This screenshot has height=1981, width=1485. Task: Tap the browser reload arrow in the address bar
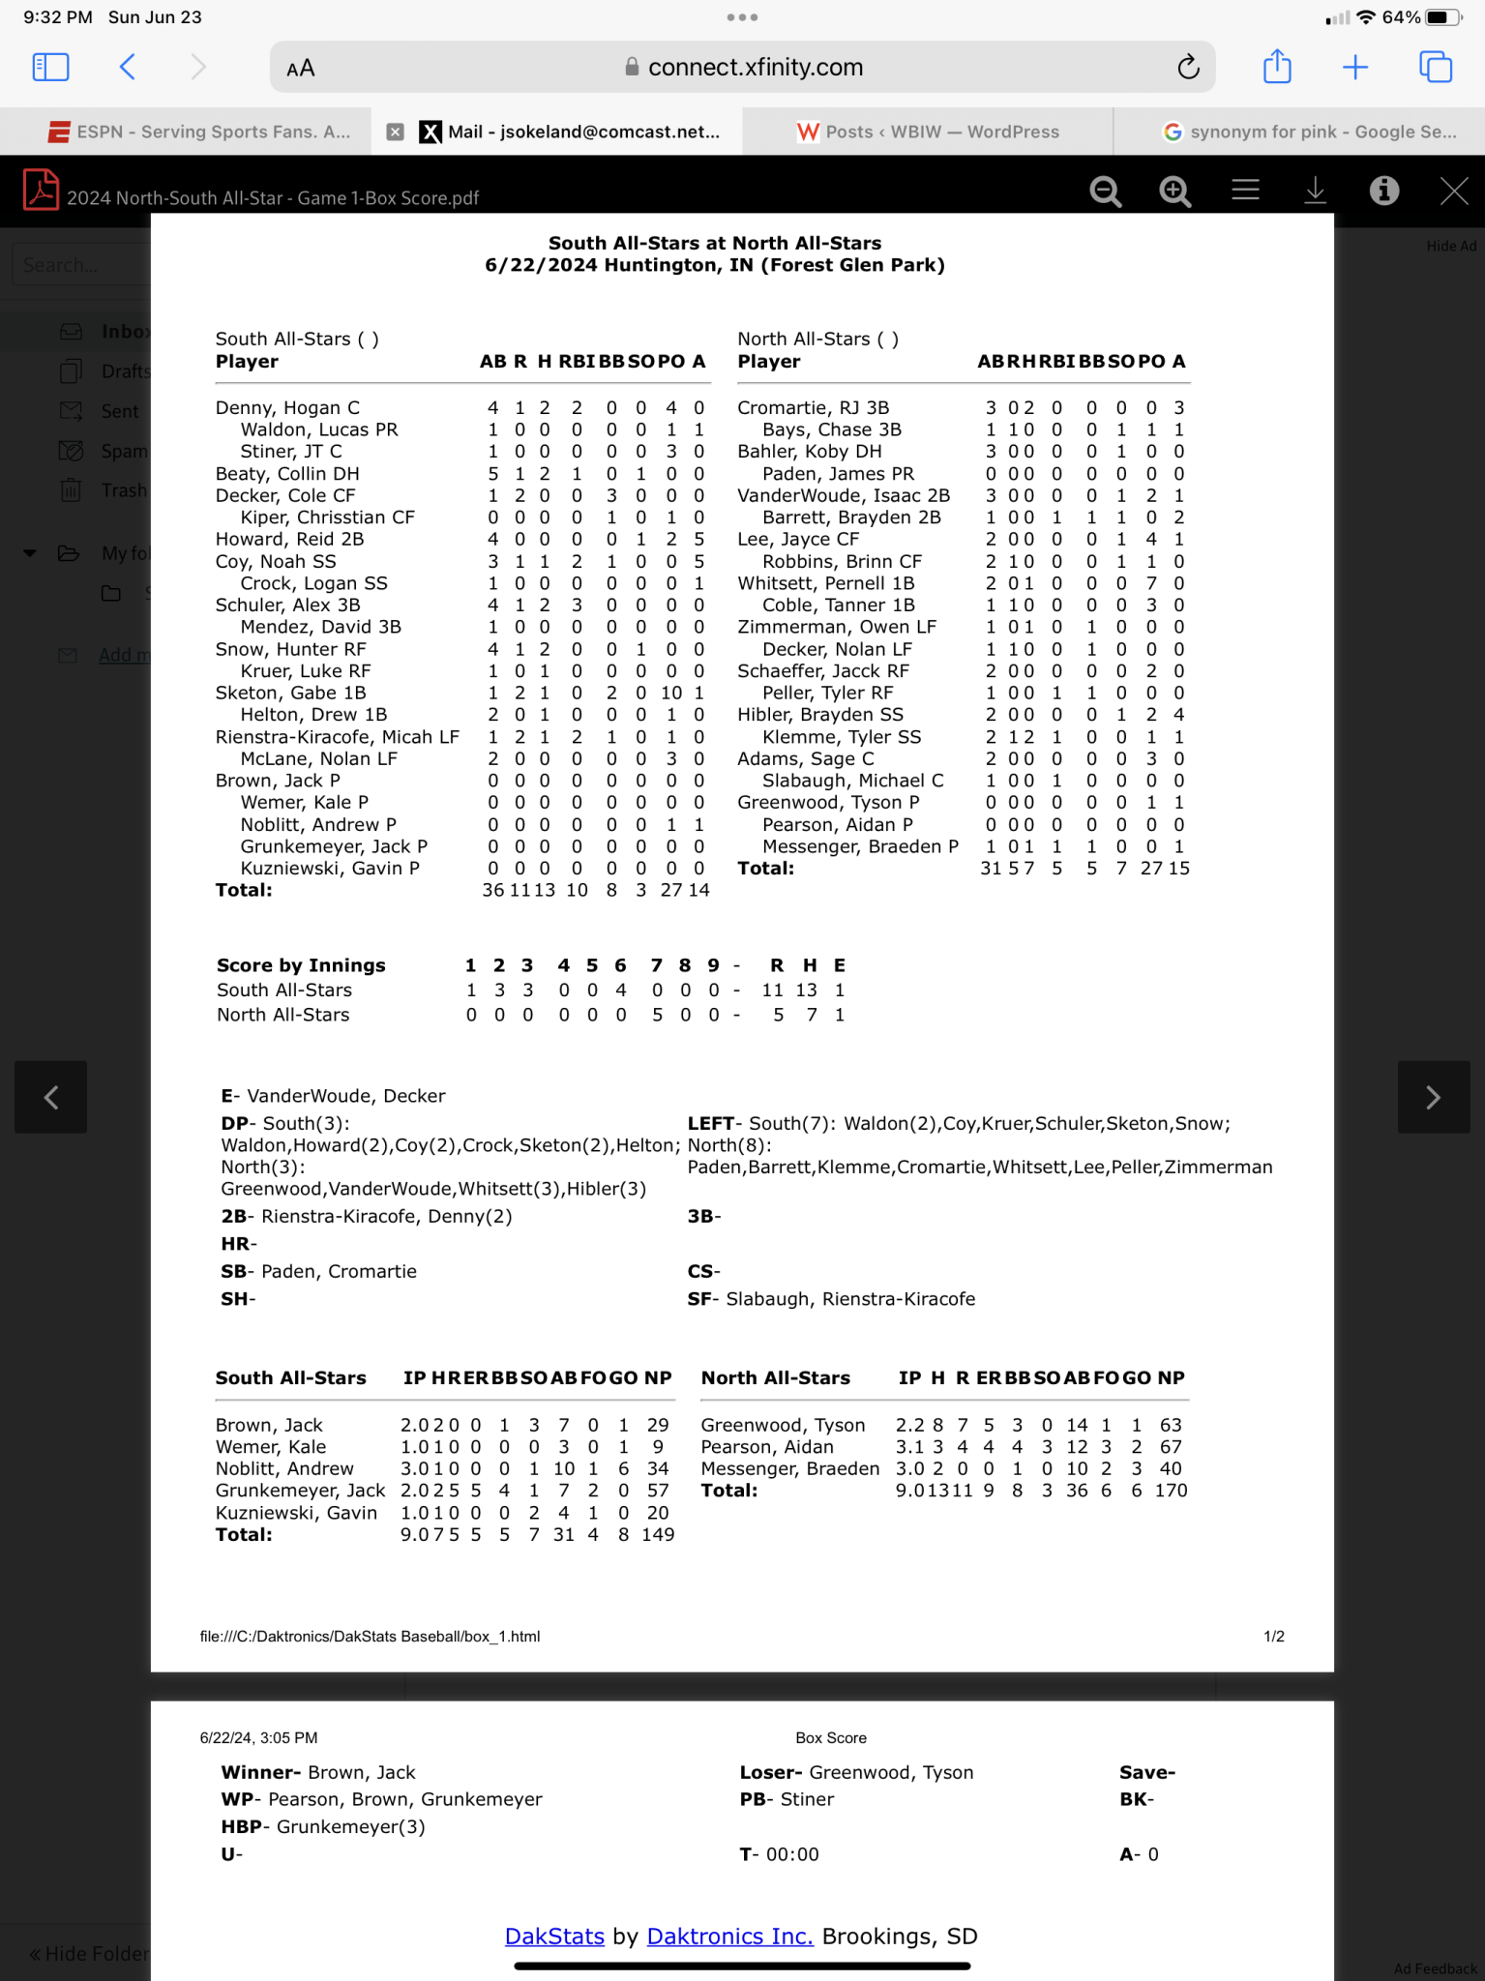point(1188,67)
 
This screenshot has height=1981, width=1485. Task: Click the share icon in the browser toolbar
point(1277,67)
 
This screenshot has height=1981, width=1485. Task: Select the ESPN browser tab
point(198,132)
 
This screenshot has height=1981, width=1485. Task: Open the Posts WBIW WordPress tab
point(928,132)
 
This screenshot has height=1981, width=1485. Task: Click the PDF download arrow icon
point(1315,191)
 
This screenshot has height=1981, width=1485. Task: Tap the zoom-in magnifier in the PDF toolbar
point(1174,192)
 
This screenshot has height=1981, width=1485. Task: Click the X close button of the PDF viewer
point(1454,191)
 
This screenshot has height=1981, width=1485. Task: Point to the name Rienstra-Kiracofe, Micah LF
point(337,737)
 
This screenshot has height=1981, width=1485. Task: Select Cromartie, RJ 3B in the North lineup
point(813,408)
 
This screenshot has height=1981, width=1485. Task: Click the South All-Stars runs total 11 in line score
point(772,990)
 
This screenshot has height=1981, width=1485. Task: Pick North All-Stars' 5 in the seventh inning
point(657,1015)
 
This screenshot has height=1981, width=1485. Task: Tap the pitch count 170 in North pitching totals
point(1171,1491)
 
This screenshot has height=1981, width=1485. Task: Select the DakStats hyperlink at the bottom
point(554,1937)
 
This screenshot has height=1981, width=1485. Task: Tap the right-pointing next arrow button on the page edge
point(1433,1097)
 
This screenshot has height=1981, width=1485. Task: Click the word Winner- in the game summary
point(260,1772)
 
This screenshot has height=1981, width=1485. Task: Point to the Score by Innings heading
point(301,965)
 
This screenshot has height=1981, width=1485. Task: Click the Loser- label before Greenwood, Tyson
point(770,1772)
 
